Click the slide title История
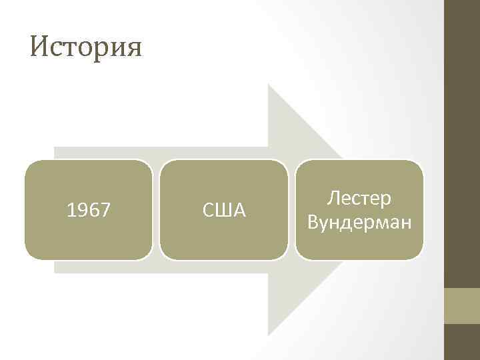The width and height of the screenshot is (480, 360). (86, 47)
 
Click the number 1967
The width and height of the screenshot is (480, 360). (89, 211)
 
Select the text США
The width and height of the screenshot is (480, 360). (224, 211)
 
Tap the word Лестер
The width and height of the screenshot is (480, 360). (359, 199)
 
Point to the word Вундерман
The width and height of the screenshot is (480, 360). (359, 221)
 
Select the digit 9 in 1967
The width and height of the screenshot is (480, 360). (83, 211)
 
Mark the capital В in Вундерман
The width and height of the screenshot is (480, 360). (313, 221)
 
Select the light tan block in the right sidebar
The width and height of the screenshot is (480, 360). (461, 306)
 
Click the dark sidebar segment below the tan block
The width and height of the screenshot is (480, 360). (461, 342)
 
